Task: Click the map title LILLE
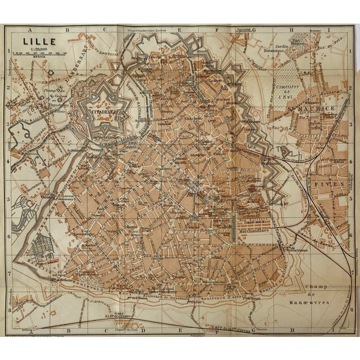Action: click(35, 40)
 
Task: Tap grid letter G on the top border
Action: click(254, 31)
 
